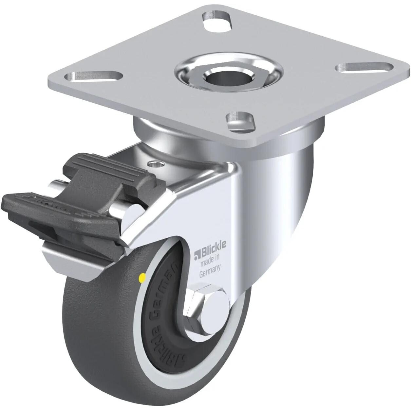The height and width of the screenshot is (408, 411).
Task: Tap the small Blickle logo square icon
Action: tap(197, 252)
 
